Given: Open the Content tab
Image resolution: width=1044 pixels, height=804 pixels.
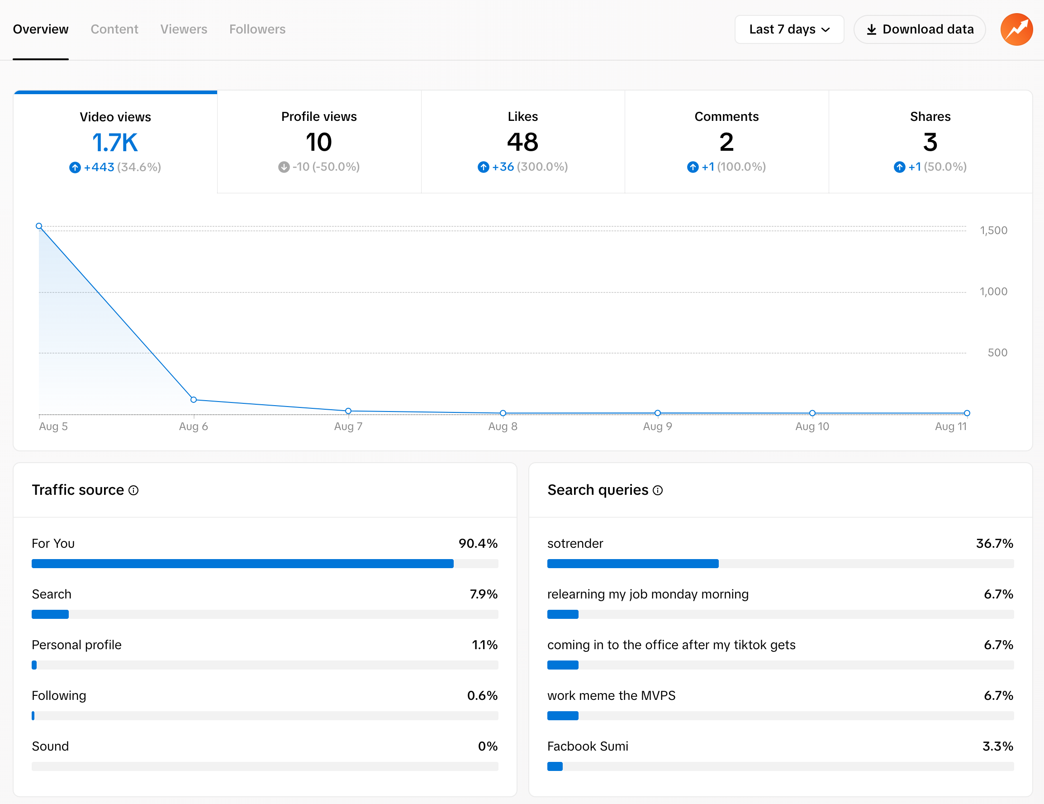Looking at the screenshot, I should [x=114, y=29].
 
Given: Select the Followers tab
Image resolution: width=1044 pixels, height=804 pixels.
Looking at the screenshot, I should [x=257, y=29].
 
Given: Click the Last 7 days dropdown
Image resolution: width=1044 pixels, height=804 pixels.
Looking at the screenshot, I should [x=789, y=29].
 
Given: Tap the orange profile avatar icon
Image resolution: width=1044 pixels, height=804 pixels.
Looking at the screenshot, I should [x=1016, y=29].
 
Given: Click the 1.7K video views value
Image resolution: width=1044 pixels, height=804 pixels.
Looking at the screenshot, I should [x=115, y=143].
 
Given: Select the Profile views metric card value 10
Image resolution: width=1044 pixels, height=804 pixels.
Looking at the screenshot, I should [x=319, y=142].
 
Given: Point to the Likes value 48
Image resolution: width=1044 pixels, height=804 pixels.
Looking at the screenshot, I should [x=522, y=142].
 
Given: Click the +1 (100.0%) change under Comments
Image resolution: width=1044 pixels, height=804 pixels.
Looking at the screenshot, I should [x=726, y=167].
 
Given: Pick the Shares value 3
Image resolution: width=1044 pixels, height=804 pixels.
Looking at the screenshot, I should [x=930, y=142].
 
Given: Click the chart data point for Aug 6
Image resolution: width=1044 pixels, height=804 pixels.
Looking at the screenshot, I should [x=194, y=400].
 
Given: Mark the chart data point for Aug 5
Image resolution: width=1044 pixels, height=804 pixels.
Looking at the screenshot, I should [x=39, y=226].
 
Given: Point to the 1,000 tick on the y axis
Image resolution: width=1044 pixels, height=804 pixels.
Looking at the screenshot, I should [x=993, y=292].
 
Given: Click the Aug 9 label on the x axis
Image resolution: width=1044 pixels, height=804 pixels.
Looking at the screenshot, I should [x=657, y=426].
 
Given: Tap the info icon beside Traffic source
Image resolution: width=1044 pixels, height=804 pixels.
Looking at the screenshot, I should [x=134, y=490].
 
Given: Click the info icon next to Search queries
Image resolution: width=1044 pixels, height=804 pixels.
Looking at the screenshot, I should [x=658, y=490].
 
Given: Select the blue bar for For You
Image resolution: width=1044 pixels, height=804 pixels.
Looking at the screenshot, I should [x=242, y=564].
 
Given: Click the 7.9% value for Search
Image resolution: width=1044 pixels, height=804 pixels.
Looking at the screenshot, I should [x=483, y=594].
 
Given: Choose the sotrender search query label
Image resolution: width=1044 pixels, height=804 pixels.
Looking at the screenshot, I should [x=575, y=543].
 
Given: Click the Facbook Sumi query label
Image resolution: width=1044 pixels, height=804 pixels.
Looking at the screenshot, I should [x=588, y=746].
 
